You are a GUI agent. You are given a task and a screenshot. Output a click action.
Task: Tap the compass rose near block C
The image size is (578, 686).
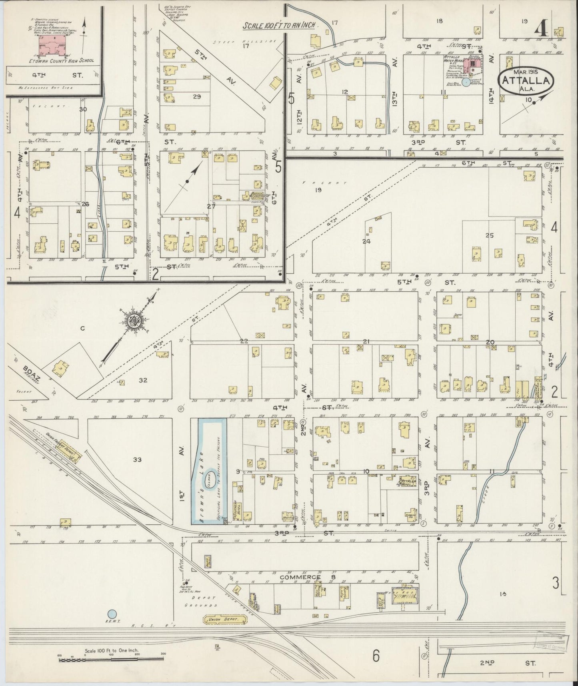click(x=132, y=321)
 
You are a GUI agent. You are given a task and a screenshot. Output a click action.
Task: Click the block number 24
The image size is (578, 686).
click(x=366, y=241)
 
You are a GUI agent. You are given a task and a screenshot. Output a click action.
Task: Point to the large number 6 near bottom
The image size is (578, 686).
click(x=376, y=655)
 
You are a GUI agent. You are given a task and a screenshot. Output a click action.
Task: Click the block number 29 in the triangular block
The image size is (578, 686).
click(x=196, y=97)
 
